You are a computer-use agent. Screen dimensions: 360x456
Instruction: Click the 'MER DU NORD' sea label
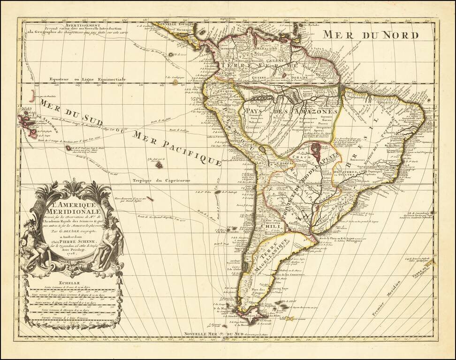tap(371, 35)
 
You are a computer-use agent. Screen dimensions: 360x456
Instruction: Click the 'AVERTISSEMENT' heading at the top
tap(69, 26)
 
